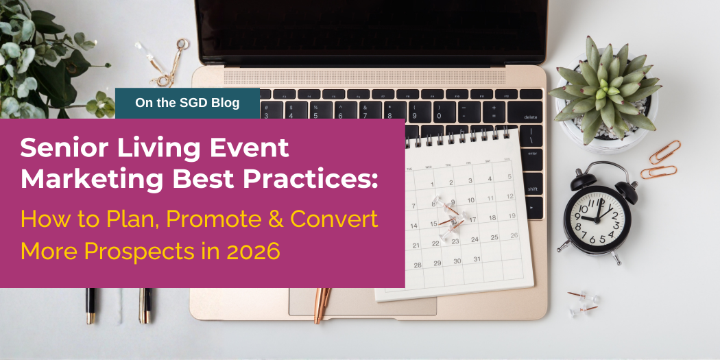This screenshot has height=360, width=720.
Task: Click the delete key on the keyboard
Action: [x=530, y=116]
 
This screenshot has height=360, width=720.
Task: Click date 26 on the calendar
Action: [x=514, y=235]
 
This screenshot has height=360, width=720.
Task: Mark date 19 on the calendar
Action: [x=511, y=216]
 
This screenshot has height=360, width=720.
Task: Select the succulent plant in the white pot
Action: [x=604, y=90]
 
